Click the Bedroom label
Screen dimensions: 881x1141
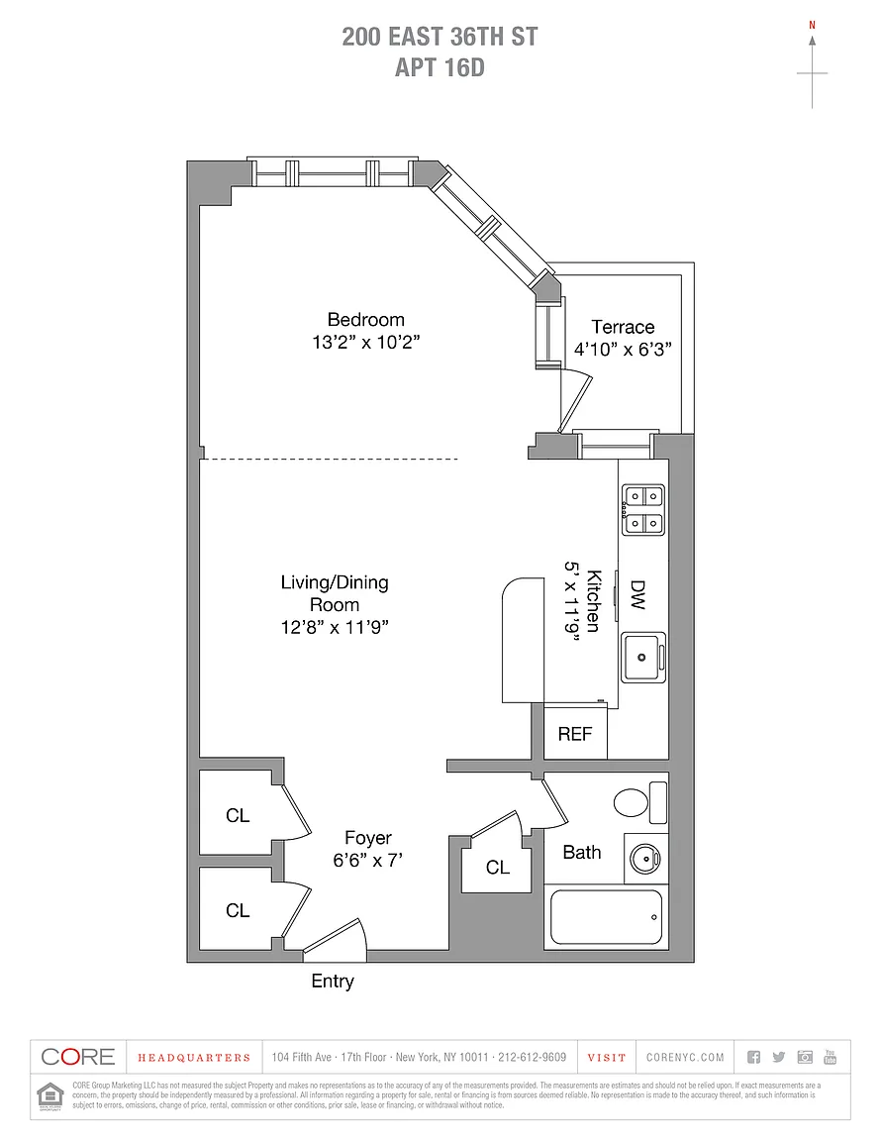coord(365,320)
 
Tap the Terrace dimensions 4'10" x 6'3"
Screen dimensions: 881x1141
coord(623,349)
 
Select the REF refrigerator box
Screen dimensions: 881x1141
coord(574,734)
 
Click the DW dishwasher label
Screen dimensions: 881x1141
coord(637,594)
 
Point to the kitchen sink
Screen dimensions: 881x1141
coord(643,655)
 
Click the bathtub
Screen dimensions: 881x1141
coord(605,917)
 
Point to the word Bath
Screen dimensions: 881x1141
coord(581,852)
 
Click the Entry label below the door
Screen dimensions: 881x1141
coord(333,982)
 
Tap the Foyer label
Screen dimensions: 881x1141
coord(368,838)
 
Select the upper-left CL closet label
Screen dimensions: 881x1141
coord(238,816)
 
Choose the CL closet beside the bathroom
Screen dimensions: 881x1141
coord(498,868)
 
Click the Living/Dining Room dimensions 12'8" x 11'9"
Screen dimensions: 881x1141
coord(334,626)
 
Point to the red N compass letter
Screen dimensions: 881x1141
coord(813,24)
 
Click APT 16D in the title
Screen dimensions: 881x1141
coord(440,67)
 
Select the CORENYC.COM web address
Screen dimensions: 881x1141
coord(685,1057)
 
